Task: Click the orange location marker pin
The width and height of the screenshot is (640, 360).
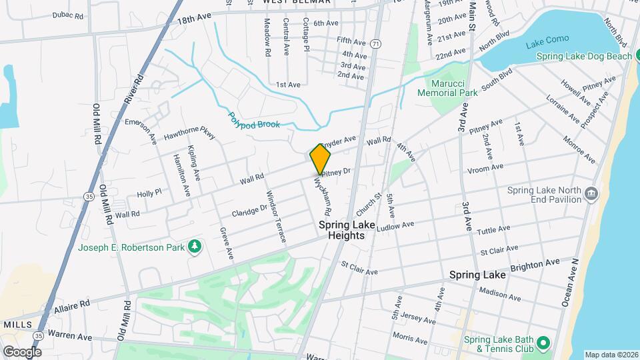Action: coord(320,159)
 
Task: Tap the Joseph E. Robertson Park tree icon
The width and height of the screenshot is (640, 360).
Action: coord(195,247)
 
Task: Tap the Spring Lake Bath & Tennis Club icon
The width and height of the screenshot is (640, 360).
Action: coord(543,343)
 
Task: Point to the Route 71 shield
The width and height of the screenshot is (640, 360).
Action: coord(377,43)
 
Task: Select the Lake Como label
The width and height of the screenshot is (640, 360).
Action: coord(547,39)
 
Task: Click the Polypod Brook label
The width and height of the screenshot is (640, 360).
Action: coord(254,120)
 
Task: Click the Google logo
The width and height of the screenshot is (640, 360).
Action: coord(21,351)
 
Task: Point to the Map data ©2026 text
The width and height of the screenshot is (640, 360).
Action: coord(611,355)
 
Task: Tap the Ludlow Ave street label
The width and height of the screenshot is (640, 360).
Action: coord(395,227)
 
